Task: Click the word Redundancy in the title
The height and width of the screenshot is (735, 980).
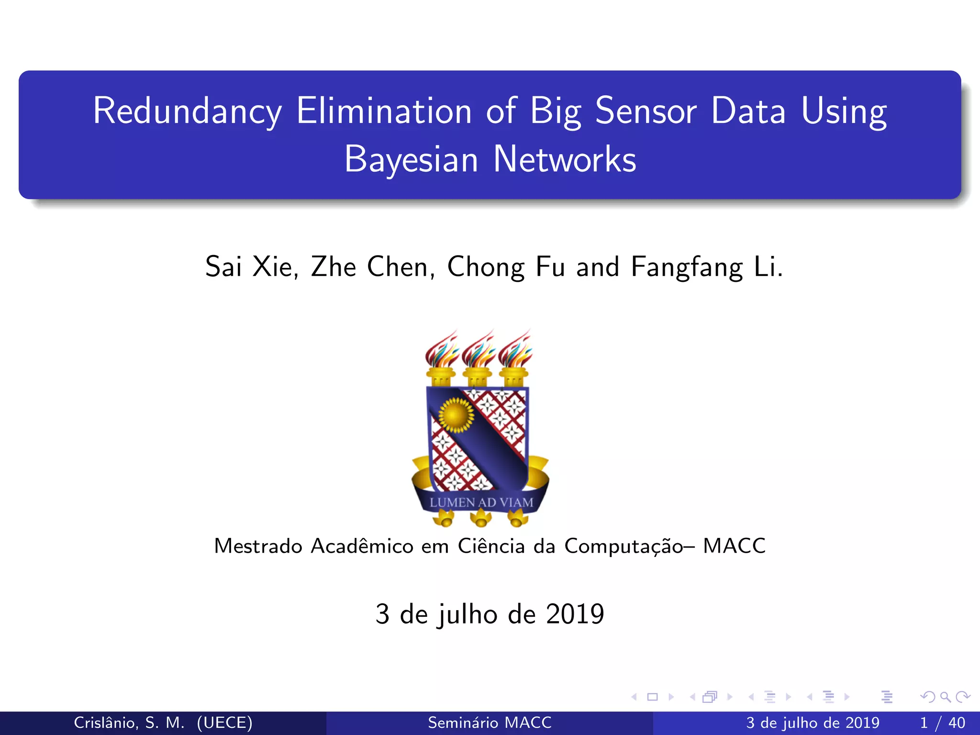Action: click(x=187, y=111)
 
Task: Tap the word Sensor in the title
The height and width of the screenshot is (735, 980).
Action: click(x=646, y=111)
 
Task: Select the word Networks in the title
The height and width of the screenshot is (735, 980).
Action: click(x=564, y=159)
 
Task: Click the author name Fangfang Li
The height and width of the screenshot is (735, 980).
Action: click(x=706, y=267)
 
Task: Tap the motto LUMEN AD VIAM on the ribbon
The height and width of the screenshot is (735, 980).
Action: click(x=481, y=502)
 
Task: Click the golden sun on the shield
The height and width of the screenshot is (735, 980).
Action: click(x=456, y=415)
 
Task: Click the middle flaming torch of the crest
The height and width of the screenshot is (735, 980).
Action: click(x=478, y=359)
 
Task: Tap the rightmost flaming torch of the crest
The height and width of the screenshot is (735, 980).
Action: click(x=514, y=359)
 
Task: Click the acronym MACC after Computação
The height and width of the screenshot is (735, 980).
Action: click(x=734, y=546)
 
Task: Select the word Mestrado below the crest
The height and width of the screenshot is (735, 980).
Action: click(x=258, y=546)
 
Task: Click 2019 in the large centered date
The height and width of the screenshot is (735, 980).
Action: click(x=575, y=614)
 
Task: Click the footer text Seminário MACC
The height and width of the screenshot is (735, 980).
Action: click(x=490, y=723)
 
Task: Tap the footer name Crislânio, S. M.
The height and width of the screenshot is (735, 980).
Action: click(x=129, y=723)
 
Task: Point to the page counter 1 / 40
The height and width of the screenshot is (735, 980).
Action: click(x=942, y=723)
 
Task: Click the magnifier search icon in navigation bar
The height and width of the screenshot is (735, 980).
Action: click(x=945, y=697)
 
